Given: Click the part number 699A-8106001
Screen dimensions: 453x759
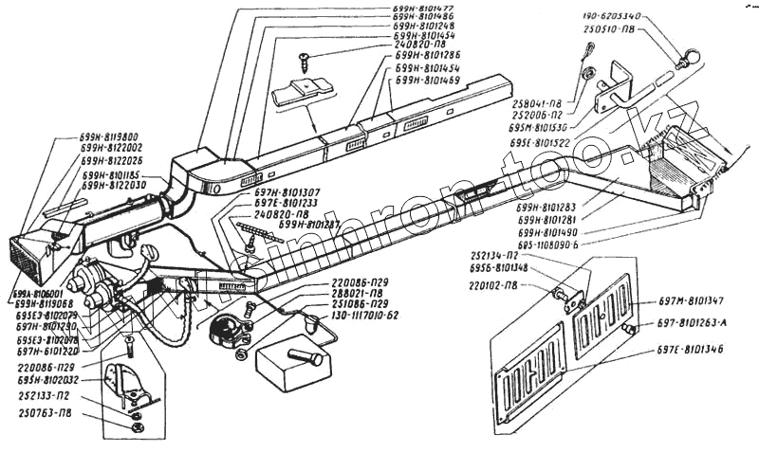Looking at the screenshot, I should pos(34,294).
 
